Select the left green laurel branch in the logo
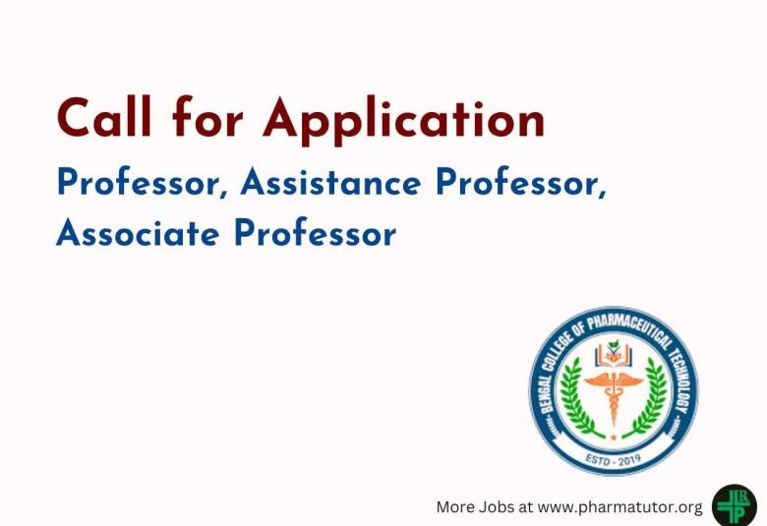pos(574,401)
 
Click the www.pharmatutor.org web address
pos(620,507)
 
